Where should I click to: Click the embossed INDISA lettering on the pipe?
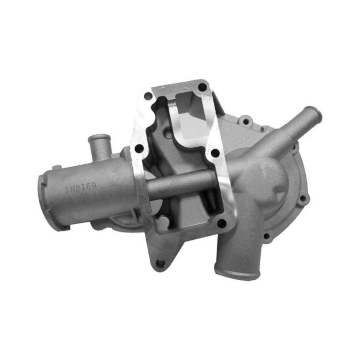coord(82,187)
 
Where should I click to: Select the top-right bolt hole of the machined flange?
coord(202,87)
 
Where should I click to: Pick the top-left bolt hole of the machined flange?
coord(148,96)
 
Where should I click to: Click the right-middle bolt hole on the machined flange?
coord(215,153)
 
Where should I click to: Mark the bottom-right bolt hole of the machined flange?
coord(222,223)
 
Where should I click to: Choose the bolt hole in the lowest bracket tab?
coord(160,263)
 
